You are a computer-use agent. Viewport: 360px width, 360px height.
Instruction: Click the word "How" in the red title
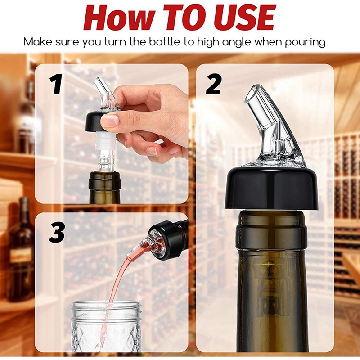click(x=114, y=18)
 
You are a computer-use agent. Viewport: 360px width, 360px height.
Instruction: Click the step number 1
click(x=56, y=84)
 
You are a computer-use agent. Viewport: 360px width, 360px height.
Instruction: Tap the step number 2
click(x=214, y=84)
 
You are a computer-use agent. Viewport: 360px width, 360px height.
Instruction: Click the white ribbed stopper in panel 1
click(x=104, y=140)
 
